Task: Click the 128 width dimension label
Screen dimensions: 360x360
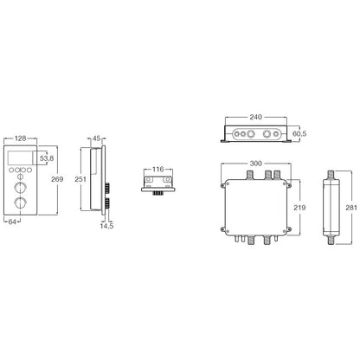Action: [20, 138]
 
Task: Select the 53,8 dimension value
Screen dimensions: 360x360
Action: [47, 158]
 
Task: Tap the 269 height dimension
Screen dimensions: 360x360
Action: [57, 179]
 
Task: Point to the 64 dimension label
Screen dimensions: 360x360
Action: [12, 222]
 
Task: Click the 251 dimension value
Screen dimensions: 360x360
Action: [80, 179]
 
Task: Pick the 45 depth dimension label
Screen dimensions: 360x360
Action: [96, 138]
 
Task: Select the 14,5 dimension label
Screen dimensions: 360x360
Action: [106, 226]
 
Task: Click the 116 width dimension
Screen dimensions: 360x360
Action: [157, 170]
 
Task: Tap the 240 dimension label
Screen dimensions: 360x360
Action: [256, 117]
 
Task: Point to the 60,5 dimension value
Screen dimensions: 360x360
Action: [299, 133]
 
